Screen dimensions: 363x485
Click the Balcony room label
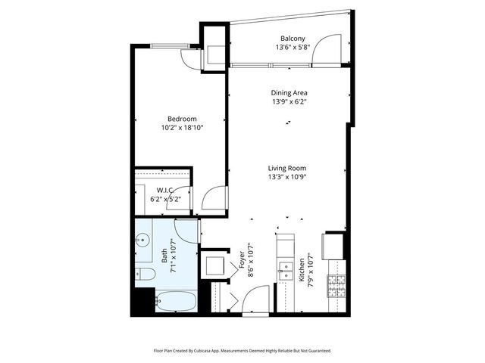293,39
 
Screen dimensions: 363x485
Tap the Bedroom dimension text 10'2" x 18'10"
182,129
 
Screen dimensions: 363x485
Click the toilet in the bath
144,273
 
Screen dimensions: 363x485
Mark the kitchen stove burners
336,285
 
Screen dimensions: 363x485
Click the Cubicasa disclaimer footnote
242,350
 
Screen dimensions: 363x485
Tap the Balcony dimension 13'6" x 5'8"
293,48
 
